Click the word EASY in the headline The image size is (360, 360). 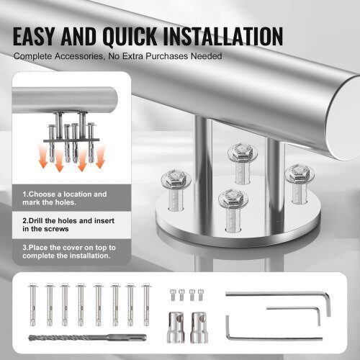(34, 36)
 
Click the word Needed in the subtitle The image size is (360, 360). (206, 56)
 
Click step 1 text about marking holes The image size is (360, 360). (65, 198)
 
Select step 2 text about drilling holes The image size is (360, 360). (68, 225)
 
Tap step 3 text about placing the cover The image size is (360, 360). (69, 251)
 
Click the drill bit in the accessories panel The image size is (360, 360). (87, 338)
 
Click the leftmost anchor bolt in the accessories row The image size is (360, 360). (32, 305)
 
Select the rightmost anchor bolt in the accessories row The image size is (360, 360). (146, 305)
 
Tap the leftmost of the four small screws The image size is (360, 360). (173, 294)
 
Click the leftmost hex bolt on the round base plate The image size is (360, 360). (176, 189)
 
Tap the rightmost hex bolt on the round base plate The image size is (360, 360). (299, 184)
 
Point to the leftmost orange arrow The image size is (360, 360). (43, 157)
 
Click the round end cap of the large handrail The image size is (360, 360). (343, 119)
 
